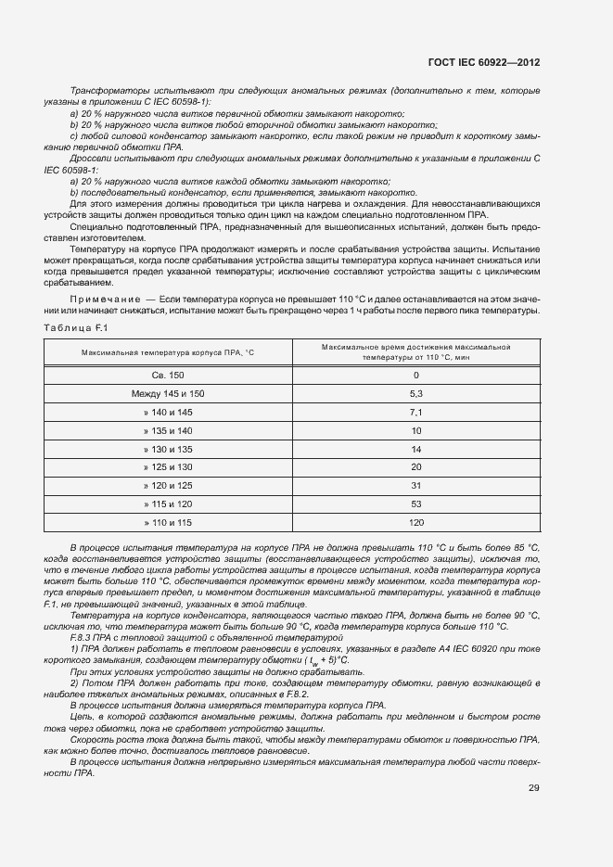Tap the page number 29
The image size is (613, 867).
(x=533, y=788)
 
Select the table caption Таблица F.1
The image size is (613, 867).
(x=77, y=328)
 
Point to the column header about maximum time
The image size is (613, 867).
(x=415, y=351)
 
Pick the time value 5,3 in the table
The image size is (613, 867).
(x=415, y=393)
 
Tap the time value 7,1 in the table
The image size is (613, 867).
(x=415, y=412)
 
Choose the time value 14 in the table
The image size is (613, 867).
(x=415, y=449)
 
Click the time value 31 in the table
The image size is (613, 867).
(x=415, y=485)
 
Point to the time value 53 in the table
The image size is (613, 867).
(x=415, y=504)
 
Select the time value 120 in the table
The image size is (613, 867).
(x=415, y=522)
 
